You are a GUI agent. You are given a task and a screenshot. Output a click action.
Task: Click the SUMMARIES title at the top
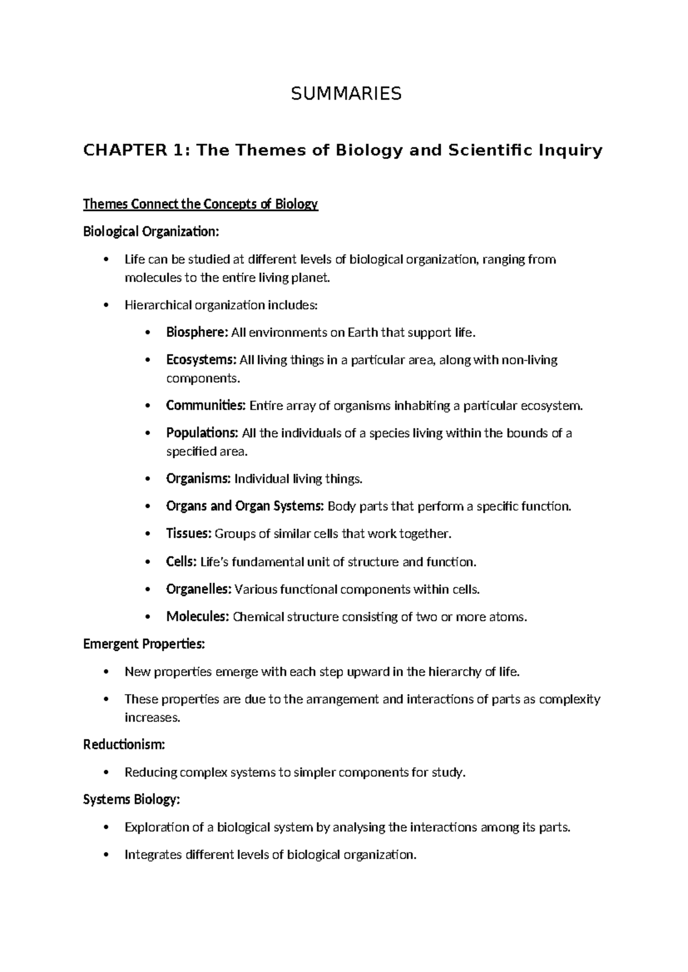[x=346, y=93]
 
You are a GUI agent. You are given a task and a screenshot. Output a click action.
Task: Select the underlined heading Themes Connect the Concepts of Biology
[x=200, y=205]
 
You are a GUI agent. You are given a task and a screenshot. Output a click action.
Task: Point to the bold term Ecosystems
[x=201, y=360]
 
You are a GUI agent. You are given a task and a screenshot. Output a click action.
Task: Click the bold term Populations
[x=202, y=433]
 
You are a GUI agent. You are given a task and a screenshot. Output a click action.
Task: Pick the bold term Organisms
[x=198, y=479]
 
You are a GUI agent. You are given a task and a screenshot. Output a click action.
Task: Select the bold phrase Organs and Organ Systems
[x=245, y=506]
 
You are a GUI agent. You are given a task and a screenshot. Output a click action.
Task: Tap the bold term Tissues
[x=189, y=534]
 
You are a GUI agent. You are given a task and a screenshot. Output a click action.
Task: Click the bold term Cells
[x=181, y=562]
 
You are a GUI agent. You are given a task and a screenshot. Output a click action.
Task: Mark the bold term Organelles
[x=198, y=589]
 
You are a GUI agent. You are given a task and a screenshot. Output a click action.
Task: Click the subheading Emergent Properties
[x=143, y=644]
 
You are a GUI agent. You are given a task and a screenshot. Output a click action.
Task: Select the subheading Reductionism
[x=124, y=745]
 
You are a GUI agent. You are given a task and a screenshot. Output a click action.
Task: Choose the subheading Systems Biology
[x=131, y=799]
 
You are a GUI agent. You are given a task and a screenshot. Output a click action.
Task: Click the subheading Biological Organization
[x=151, y=232]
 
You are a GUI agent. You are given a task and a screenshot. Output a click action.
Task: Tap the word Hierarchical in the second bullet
[x=157, y=305]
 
